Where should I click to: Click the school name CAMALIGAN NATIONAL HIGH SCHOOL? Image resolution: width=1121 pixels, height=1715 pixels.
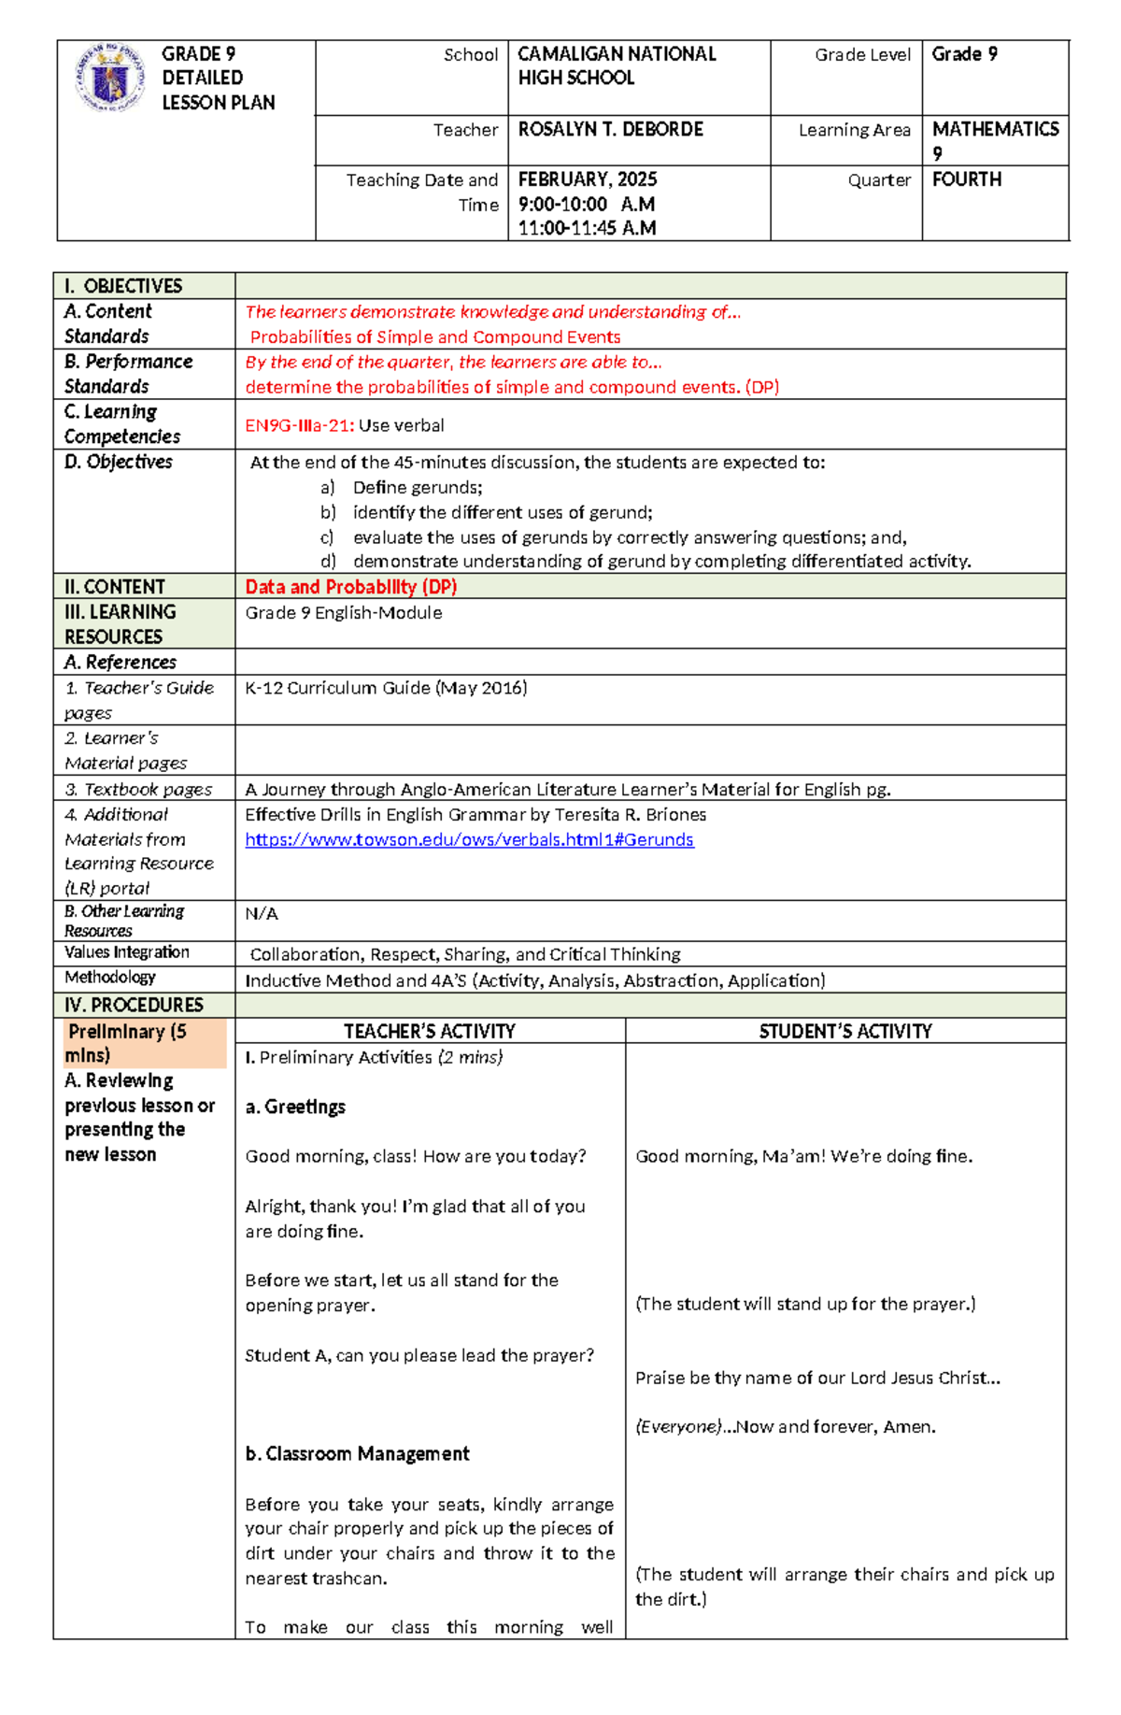coord(617,66)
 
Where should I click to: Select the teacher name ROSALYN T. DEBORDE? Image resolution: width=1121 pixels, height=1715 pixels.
coord(610,130)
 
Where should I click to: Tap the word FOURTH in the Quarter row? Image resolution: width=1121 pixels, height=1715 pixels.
coord(966,179)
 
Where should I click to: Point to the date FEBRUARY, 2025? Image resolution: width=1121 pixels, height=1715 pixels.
coord(588,179)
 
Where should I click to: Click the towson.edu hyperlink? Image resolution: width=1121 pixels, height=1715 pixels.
coord(469,839)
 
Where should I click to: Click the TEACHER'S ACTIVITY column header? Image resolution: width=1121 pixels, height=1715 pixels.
coord(430,1031)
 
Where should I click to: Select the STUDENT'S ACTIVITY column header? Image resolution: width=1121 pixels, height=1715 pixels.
coord(844,1031)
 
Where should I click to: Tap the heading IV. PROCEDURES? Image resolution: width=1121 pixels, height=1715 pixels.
coord(134,1005)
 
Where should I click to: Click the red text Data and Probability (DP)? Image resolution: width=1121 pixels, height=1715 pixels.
coord(350,587)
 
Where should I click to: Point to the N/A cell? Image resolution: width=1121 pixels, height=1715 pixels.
coord(262,913)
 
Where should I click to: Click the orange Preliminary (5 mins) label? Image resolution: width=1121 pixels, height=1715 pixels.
coord(127,1043)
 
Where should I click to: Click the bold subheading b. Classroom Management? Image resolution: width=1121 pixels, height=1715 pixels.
coord(357,1453)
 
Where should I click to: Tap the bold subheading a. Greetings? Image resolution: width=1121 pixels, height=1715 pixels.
coord(295,1107)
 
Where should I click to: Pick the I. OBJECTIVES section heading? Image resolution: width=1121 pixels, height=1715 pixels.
coord(123,286)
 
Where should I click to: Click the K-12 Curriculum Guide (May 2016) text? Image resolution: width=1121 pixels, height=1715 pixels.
coord(386,688)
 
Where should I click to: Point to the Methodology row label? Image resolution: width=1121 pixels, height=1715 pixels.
coord(110,978)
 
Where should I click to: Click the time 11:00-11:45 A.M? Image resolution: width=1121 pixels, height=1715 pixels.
coord(587,228)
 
